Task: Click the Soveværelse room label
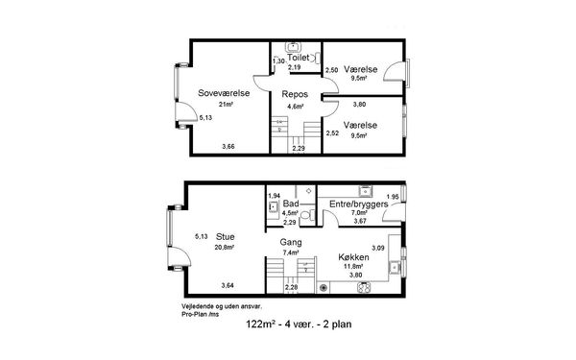pyautogui.click(x=224, y=93)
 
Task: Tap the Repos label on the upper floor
pyautogui.click(x=295, y=94)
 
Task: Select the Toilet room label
pyautogui.click(x=299, y=58)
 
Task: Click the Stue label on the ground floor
pyautogui.click(x=226, y=236)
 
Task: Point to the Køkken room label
pyautogui.click(x=353, y=256)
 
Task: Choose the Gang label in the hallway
pyautogui.click(x=291, y=243)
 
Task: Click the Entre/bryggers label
pyautogui.click(x=358, y=204)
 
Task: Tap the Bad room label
pyautogui.click(x=291, y=204)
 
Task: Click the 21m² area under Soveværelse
pyautogui.click(x=227, y=105)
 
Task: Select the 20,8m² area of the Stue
pyautogui.click(x=225, y=248)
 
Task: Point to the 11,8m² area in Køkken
pyautogui.click(x=353, y=267)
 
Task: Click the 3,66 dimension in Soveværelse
pyautogui.click(x=228, y=147)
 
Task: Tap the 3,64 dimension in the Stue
pyautogui.click(x=228, y=285)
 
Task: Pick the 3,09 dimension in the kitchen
pyautogui.click(x=378, y=248)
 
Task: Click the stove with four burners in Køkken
pyautogui.click(x=365, y=287)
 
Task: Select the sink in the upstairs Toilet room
pyautogui.click(x=293, y=47)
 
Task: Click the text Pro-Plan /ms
pyautogui.click(x=201, y=315)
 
